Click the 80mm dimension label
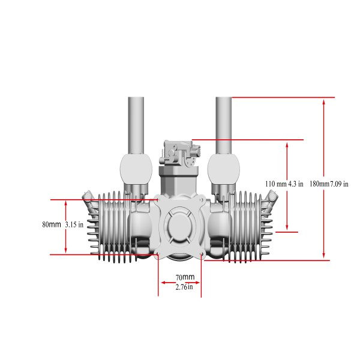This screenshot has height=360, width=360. point(52,224)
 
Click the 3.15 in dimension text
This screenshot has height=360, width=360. point(74,224)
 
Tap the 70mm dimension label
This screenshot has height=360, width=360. point(185,277)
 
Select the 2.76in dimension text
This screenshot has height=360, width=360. point(184,287)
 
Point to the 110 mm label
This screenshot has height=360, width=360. point(276,184)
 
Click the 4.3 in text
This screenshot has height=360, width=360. point(296,184)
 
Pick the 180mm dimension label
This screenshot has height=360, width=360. point(319,184)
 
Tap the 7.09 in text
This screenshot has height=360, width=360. point(339,184)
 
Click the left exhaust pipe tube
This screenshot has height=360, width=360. point(136,125)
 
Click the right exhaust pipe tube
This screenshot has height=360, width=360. point(224,125)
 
